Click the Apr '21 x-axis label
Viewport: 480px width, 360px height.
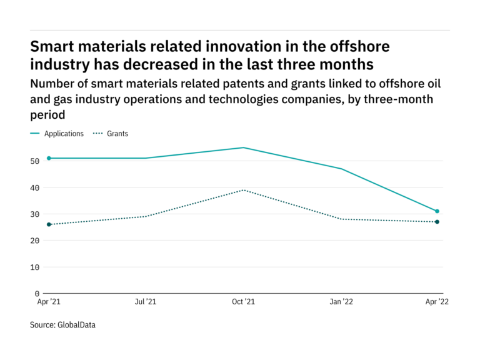tap(49, 302)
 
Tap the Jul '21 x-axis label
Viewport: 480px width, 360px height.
tap(146, 302)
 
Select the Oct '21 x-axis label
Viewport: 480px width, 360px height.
tap(243, 302)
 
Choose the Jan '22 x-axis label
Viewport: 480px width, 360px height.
tap(341, 302)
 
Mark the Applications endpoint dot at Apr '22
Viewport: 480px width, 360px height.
tap(437, 211)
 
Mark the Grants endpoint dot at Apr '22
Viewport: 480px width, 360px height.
tap(437, 222)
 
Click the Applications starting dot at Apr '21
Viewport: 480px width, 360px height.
tap(49, 158)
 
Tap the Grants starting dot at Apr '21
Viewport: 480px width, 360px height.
tap(49, 224)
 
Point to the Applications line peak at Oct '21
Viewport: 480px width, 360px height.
tap(243, 147)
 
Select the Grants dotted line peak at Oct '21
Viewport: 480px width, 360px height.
tap(243, 190)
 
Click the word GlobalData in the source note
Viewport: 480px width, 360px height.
tap(76, 325)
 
